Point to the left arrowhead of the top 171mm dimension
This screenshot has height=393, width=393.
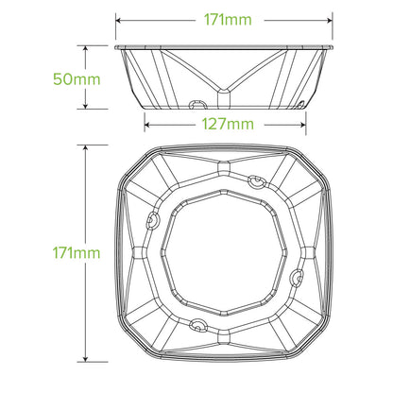click(x=117, y=18)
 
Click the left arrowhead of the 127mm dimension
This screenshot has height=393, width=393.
click(x=146, y=123)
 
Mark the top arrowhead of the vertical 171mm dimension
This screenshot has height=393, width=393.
click(x=85, y=147)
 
